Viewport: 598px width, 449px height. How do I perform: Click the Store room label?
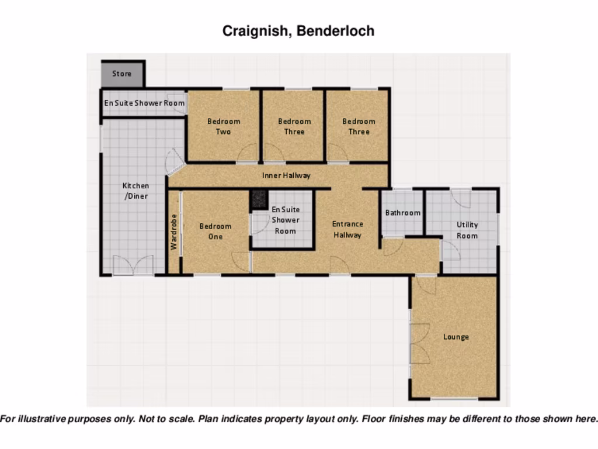tap(122, 74)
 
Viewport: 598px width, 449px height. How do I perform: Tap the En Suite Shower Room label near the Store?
tap(144, 103)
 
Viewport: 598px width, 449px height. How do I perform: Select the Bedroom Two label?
tap(224, 126)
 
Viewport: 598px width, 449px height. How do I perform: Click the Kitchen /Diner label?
tap(135, 191)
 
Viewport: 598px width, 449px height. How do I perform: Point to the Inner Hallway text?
tap(286, 175)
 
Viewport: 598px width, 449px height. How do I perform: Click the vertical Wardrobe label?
tap(173, 232)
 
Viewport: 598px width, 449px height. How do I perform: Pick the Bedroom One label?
tap(215, 231)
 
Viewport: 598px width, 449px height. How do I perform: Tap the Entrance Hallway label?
tap(347, 229)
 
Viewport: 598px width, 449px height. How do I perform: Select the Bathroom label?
tap(402, 213)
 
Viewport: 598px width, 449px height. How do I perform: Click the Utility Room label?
tap(467, 230)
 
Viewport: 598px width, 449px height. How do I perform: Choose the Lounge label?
tap(456, 337)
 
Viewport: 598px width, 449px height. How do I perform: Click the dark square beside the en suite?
tap(259, 199)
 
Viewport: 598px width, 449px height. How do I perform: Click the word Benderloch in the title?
tap(335, 31)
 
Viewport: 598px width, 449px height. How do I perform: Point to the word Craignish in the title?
tap(254, 31)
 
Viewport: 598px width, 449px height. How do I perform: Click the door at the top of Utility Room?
tap(461, 198)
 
